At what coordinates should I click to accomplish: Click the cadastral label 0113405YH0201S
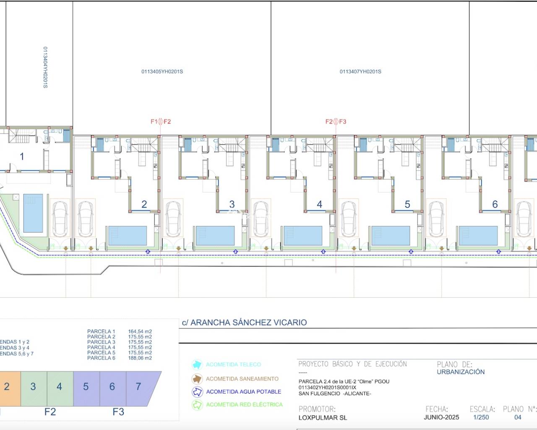(x=162, y=72)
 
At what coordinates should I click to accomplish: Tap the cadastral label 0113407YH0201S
(x=360, y=72)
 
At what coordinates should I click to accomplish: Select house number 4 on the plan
(x=320, y=205)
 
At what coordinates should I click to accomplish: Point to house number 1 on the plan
(x=22, y=157)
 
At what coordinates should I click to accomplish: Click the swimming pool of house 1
(x=33, y=213)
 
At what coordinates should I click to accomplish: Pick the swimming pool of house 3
(x=215, y=236)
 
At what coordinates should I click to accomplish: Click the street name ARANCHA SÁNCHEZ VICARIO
(x=248, y=322)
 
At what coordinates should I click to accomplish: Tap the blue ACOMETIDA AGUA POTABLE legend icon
(x=197, y=392)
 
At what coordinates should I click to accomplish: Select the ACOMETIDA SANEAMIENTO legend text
(x=242, y=379)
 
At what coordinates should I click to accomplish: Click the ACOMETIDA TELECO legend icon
(x=197, y=364)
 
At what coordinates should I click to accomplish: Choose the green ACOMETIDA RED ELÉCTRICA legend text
(x=244, y=405)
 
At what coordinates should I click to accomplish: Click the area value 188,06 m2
(x=140, y=358)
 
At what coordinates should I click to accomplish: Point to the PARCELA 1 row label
(x=101, y=331)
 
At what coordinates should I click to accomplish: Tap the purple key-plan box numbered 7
(x=138, y=386)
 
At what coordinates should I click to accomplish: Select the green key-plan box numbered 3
(x=33, y=386)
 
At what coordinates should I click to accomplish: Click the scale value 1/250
(x=481, y=417)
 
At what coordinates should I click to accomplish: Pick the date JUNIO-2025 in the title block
(x=441, y=417)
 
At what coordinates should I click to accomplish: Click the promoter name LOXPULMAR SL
(x=323, y=418)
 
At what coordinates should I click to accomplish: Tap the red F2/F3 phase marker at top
(x=336, y=122)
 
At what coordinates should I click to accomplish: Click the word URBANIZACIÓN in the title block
(x=461, y=372)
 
